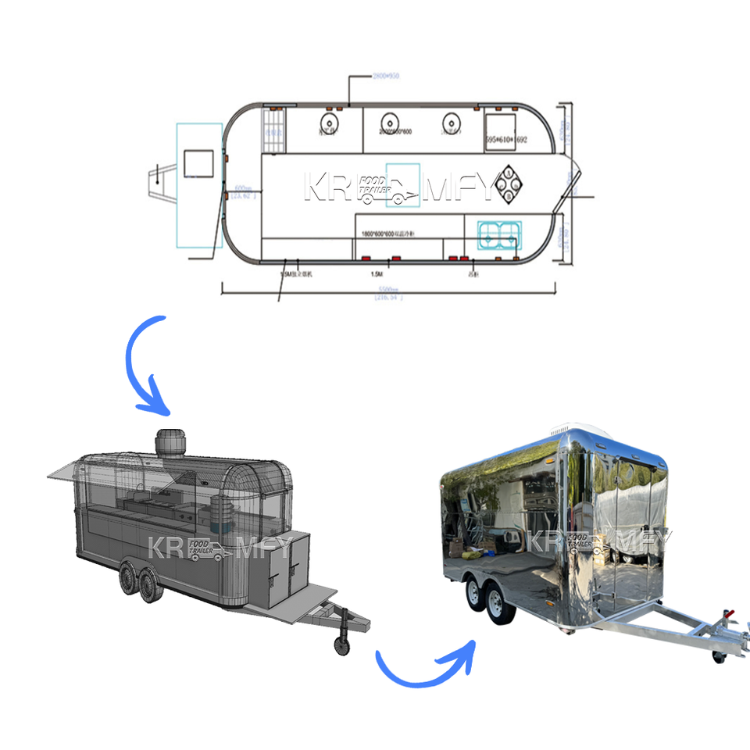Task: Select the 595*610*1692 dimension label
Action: [507, 139]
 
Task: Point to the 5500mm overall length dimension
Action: [388, 289]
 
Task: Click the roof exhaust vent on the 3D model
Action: [173, 443]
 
